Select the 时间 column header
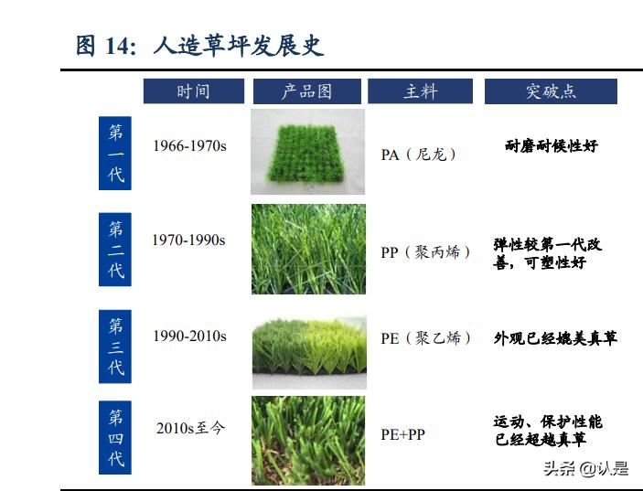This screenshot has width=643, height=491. tap(193, 91)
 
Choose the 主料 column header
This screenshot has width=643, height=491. tap(421, 91)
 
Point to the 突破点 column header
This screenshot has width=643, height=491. tap(551, 91)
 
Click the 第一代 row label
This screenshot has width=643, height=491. tap(115, 153)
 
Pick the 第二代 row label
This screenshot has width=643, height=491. tap(115, 250)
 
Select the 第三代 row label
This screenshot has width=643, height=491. tap(115, 346)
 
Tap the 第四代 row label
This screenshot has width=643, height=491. tap(115, 437)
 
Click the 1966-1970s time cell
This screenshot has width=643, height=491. tap(189, 145)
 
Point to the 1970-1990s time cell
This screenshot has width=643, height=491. tap(189, 240)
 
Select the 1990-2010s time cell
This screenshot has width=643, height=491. tap(189, 336)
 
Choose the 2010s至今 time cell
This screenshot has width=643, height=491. tap(190, 427)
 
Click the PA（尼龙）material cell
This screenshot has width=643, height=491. tap(419, 155)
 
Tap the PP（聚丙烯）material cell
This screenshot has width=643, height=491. tap(426, 251)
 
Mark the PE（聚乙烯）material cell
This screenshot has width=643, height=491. tap(426, 338)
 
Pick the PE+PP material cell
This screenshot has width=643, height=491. tap(403, 434)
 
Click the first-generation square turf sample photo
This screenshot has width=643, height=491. tap(307, 152)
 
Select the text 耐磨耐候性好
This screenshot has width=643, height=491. tap(551, 145)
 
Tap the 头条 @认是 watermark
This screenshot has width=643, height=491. tap(586, 469)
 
